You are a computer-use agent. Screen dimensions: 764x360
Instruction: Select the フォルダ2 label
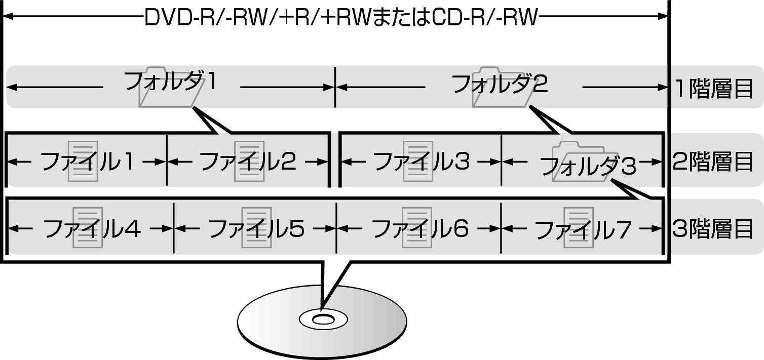(x=500, y=84)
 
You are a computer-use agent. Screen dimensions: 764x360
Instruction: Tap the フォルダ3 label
(x=588, y=166)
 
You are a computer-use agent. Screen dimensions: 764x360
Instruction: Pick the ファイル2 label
(x=248, y=161)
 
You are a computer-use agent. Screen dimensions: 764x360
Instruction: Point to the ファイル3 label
(x=422, y=161)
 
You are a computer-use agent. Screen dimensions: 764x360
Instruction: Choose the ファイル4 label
(x=92, y=228)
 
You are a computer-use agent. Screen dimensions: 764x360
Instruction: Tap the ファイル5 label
(x=256, y=228)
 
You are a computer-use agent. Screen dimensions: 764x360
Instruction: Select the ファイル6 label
(x=420, y=228)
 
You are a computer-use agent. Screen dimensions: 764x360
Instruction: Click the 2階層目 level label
(x=713, y=161)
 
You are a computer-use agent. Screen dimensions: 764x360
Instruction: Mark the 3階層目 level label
(x=713, y=228)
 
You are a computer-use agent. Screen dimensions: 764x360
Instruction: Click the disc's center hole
(x=323, y=320)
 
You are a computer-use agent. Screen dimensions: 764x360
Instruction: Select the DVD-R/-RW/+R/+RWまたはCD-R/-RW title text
(x=341, y=18)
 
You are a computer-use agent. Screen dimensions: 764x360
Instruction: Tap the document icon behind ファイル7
(x=579, y=227)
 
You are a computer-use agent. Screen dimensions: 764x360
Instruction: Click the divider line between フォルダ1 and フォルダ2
(x=335, y=87)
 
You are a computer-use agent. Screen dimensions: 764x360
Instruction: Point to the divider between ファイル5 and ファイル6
(x=336, y=228)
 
